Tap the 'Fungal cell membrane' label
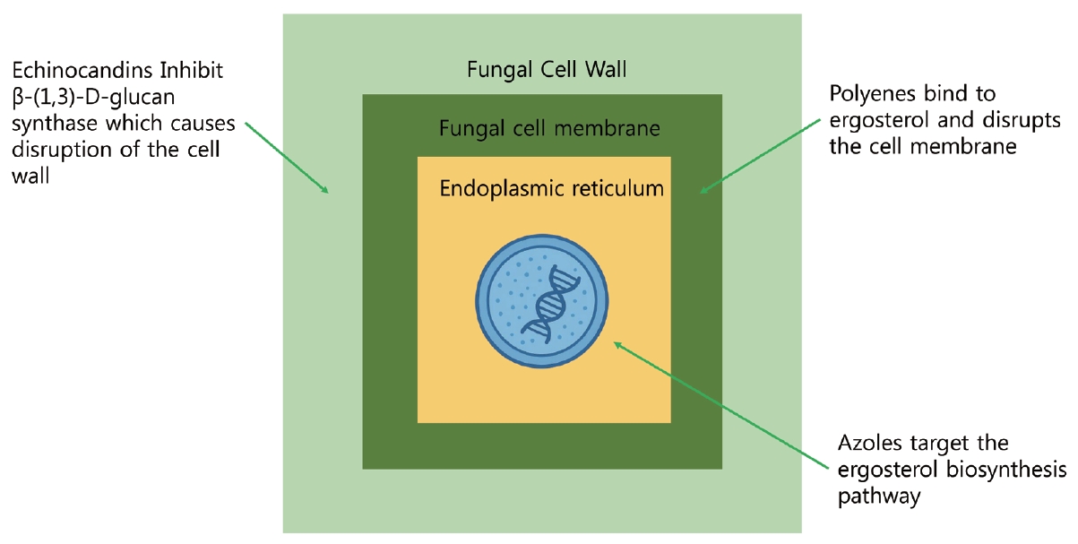549,128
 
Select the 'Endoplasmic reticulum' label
551,189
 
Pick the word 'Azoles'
867,443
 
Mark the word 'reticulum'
620,189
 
